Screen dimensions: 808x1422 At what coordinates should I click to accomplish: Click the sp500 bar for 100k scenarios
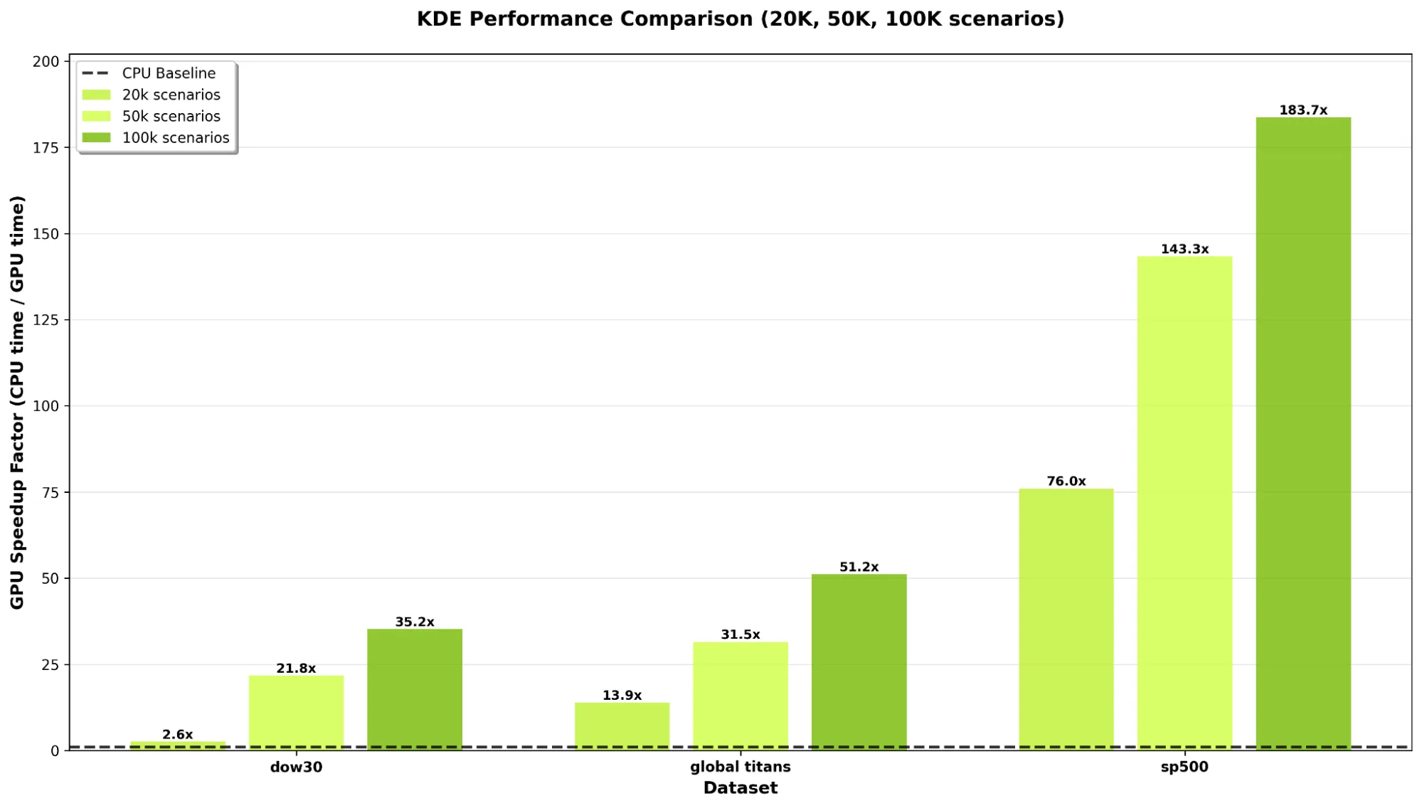[1302, 434]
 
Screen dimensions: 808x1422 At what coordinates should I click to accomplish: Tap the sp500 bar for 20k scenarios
[1066, 619]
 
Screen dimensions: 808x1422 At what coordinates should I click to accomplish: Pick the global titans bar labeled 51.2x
[859, 661]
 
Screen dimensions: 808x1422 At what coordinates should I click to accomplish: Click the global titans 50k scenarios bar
[741, 696]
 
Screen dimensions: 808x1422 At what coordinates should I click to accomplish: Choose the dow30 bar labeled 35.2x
[415, 689]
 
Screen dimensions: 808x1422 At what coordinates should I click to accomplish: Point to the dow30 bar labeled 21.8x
[296, 712]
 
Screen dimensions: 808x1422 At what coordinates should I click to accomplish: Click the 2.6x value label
[177, 734]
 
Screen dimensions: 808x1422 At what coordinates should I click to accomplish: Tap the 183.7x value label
[1302, 110]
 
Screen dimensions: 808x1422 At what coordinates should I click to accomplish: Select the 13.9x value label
[622, 695]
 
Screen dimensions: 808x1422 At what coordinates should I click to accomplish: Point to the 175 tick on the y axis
[46, 147]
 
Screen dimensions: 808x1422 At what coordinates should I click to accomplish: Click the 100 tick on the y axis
[46, 406]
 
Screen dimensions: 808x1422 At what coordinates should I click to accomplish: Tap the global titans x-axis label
[740, 767]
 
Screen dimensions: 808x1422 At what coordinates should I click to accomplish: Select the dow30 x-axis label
[296, 767]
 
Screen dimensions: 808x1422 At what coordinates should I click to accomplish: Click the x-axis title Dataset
[740, 787]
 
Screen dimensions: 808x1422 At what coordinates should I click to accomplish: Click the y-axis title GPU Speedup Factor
[17, 402]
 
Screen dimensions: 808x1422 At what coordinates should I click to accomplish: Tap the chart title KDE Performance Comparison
[740, 18]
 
